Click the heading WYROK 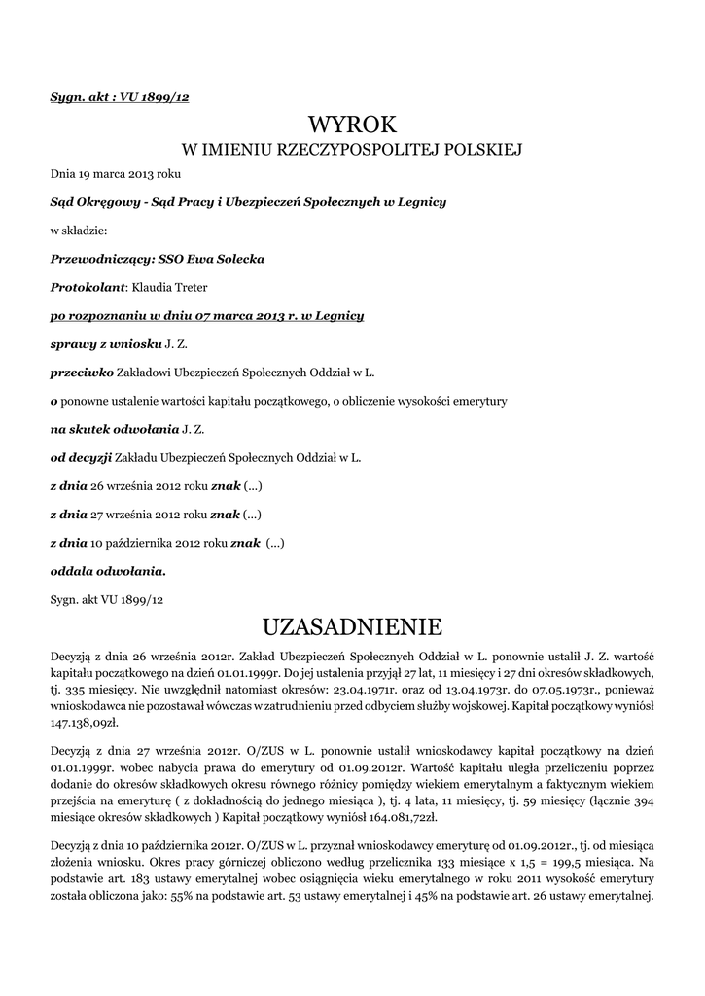tap(353, 124)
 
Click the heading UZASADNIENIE tap(353, 623)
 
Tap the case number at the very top tap(119, 98)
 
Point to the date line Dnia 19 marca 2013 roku tap(115, 174)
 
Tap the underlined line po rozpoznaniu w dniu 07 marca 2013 tap(207, 315)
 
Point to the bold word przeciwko tap(82, 372)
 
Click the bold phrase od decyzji tap(82, 456)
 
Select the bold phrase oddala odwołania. tap(108, 570)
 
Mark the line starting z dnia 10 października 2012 tap(167, 541)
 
